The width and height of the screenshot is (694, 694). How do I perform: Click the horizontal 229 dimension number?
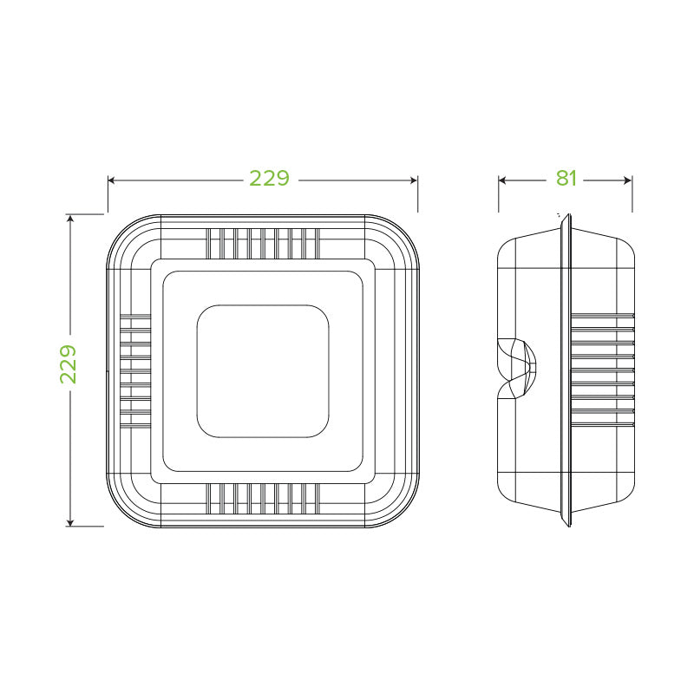[269, 179]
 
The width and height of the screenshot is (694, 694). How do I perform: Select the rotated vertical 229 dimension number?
[69, 364]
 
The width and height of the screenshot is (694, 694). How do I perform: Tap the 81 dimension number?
[566, 179]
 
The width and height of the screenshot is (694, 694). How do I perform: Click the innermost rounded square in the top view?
[263, 370]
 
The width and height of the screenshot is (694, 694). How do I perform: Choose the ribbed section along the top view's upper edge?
[263, 243]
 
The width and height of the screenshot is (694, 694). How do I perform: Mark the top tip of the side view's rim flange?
[566, 217]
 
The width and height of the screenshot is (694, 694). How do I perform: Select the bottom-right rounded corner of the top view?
[404, 512]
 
